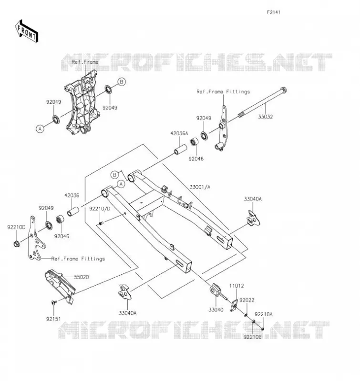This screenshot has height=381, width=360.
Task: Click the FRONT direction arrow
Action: (x=27, y=31)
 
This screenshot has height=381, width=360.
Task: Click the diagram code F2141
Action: (x=274, y=12)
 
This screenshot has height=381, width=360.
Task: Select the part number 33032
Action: (x=266, y=117)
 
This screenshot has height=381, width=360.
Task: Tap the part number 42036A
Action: (x=179, y=133)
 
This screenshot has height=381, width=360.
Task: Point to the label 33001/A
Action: (x=200, y=187)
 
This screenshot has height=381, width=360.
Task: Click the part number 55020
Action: (x=82, y=277)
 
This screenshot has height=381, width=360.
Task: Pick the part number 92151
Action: (x=53, y=319)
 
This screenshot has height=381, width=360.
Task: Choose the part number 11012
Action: (x=237, y=286)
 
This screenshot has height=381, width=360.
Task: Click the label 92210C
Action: (x=16, y=227)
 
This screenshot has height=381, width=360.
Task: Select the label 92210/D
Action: (x=100, y=209)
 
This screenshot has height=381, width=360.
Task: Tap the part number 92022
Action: (x=247, y=300)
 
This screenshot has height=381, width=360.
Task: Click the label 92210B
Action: (x=253, y=337)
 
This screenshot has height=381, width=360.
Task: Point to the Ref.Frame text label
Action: (x=85, y=62)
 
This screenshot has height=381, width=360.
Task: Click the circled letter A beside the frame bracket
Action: (x=40, y=129)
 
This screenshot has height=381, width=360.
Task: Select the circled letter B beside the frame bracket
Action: (x=122, y=82)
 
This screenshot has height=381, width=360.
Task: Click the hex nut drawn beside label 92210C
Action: (x=17, y=243)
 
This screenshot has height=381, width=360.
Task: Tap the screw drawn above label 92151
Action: (x=54, y=302)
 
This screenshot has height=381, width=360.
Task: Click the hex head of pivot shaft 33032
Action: (x=284, y=90)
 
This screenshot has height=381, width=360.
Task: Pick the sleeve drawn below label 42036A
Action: (x=180, y=149)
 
